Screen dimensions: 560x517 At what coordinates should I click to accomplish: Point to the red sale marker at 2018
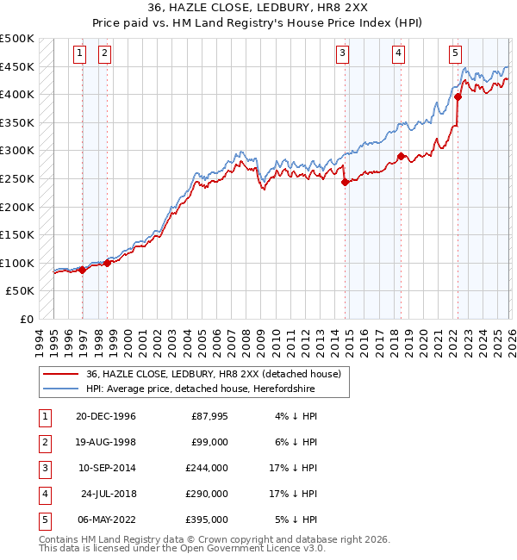402,156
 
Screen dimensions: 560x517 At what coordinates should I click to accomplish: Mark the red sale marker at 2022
458,97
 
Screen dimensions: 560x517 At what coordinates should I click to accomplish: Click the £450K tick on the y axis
17,66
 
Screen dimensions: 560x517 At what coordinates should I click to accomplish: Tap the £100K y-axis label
17,263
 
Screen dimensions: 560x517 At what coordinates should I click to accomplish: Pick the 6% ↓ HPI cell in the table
301,443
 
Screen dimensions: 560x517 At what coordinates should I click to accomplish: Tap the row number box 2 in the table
42,443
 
